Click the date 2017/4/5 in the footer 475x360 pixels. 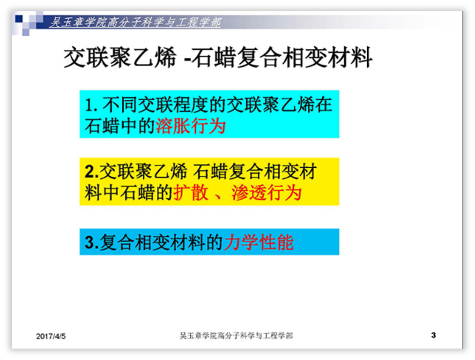pos(51,336)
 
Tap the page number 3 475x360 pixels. pos(433,335)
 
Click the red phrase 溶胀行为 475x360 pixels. pos(191,126)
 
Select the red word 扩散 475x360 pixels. pos(191,193)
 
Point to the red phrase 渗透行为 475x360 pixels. pos(266,193)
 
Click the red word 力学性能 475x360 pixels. pos(259,242)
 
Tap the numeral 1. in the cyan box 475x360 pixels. pos(91,105)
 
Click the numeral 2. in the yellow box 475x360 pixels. pos(91,172)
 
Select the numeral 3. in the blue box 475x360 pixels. pos(91,242)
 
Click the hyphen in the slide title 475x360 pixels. pos(187,59)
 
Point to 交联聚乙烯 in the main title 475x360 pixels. pos(120,57)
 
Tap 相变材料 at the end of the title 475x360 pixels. pos(327,57)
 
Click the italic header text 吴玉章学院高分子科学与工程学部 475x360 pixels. pos(135,22)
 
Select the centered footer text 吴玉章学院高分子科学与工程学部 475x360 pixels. pos(236,336)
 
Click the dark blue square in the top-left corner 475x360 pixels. pos(19,18)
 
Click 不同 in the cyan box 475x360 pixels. pos(119,105)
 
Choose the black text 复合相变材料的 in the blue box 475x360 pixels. pos(161,242)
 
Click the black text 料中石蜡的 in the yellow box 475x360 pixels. pos(129,193)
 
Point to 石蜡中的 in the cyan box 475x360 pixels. pos(120,126)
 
